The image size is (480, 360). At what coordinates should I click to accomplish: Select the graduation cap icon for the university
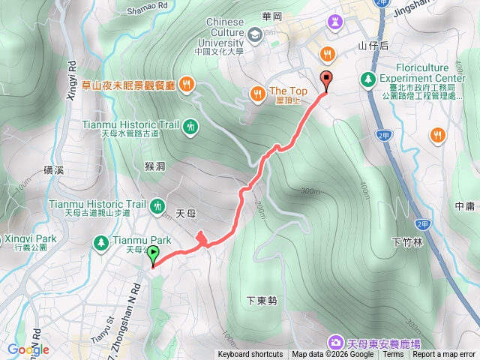click(255, 34)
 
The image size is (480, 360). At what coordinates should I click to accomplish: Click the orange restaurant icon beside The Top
click(257, 93)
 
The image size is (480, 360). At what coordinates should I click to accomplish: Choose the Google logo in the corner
click(28, 349)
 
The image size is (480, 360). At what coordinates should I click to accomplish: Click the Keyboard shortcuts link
click(250, 355)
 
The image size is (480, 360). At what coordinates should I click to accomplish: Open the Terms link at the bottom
click(393, 355)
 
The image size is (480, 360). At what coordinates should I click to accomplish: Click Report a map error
click(445, 355)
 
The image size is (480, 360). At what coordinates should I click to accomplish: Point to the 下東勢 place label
click(262, 301)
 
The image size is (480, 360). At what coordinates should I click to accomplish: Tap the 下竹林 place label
click(407, 242)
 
